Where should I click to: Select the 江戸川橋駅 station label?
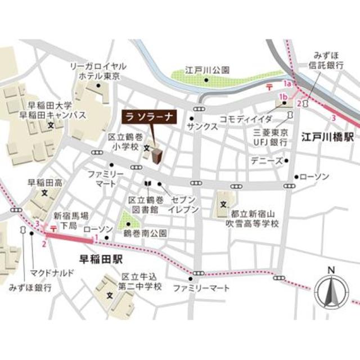[327, 137]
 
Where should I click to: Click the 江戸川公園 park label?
[208, 71]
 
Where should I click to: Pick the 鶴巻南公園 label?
[145, 232]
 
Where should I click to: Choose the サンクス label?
[203, 127]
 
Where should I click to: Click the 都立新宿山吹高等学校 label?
[254, 219]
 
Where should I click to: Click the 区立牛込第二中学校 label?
[142, 282]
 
